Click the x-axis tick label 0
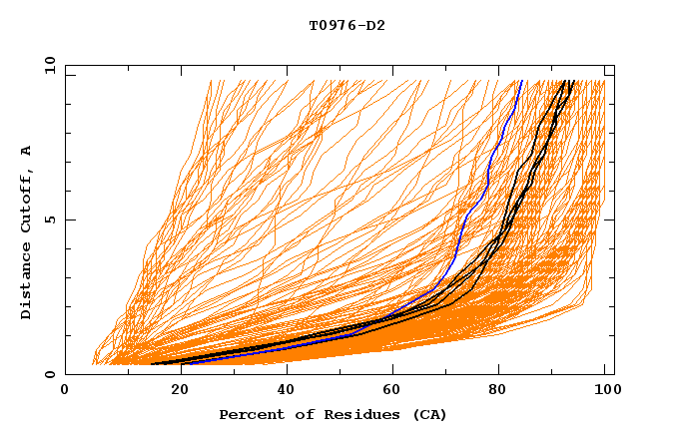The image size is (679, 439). [65, 390]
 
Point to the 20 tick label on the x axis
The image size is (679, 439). [173, 390]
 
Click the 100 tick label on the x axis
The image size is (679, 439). [605, 390]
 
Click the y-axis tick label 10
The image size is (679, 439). [48, 65]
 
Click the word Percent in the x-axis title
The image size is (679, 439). [250, 414]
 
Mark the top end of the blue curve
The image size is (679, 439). [522, 81]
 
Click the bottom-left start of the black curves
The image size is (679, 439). [153, 364]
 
